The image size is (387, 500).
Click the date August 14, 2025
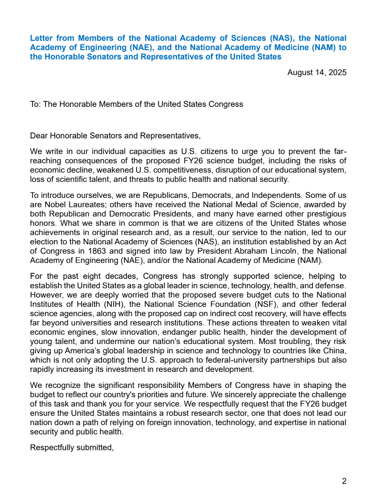(317, 72)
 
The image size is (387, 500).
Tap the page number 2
(344, 481)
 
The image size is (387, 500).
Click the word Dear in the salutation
(39, 136)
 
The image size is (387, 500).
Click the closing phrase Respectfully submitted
(71, 447)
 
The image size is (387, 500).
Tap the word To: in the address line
(35, 104)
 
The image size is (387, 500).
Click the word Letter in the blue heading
(41, 38)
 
